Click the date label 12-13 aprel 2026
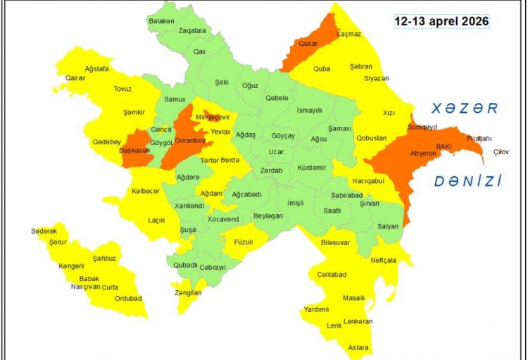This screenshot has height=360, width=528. tap(441, 21)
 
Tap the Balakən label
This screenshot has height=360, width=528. tap(161, 21)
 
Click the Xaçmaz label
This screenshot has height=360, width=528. tap(348, 34)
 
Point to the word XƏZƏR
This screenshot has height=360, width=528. tap(465, 108)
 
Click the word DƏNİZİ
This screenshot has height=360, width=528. tap(467, 181)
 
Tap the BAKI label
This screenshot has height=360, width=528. tap(444, 146)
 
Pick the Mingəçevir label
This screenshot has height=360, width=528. tap(213, 117)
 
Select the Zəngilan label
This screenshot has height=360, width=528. tap(188, 292)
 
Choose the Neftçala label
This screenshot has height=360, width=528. tap(384, 260)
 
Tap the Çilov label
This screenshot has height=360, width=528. tap(501, 151)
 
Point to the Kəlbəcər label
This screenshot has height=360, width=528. tap(146, 191)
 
